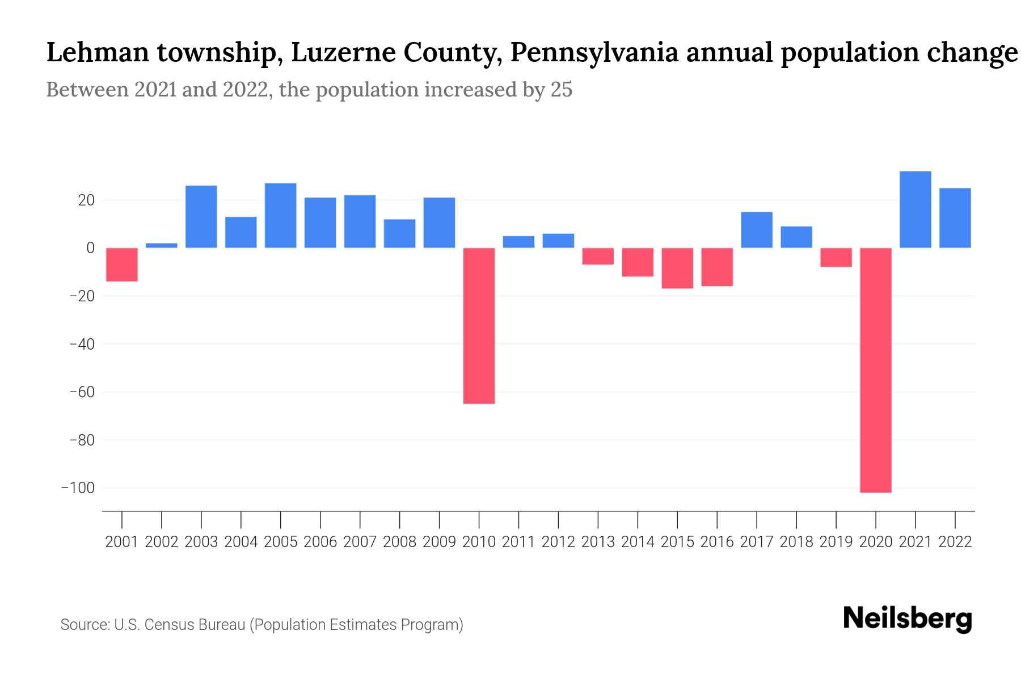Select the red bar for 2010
coord(479,326)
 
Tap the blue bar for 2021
coord(915,209)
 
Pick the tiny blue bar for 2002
coord(162,245)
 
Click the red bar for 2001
coord(122,264)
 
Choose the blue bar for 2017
coord(756,230)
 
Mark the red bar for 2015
coord(677,268)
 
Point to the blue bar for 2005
coord(280,216)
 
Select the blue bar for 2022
coord(955,218)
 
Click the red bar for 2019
coord(836,257)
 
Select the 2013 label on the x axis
coord(598,542)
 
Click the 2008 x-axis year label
coord(399,542)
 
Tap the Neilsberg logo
coord(907,618)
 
